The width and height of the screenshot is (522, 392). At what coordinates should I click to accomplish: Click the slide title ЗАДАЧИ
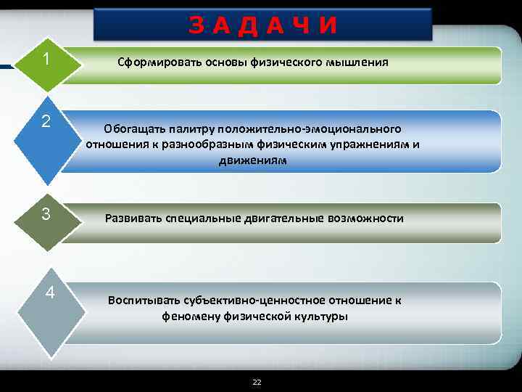[x=263, y=25]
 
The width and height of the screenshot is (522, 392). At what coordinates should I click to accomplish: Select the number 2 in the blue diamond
[x=46, y=121]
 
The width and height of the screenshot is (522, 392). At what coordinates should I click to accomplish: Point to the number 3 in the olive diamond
[x=46, y=215]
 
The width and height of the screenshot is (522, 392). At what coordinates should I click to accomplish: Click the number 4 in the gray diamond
[x=49, y=293]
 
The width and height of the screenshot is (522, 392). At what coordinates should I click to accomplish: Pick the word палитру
[x=192, y=128]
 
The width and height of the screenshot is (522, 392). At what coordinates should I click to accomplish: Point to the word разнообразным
[x=191, y=144]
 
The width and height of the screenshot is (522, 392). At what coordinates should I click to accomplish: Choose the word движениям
[x=252, y=160]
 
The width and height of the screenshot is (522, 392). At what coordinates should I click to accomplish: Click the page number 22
[x=257, y=381]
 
